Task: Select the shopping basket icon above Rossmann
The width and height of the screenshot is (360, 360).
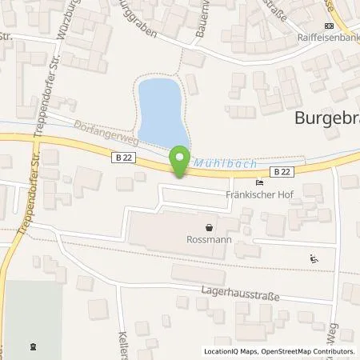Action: pyautogui.click(x=210, y=226)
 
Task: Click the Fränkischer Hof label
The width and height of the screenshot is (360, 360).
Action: pyautogui.click(x=257, y=191)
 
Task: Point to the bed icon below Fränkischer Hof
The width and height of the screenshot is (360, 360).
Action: pyautogui.click(x=257, y=205)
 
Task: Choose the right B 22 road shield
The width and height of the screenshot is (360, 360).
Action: pyautogui.click(x=281, y=171)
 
